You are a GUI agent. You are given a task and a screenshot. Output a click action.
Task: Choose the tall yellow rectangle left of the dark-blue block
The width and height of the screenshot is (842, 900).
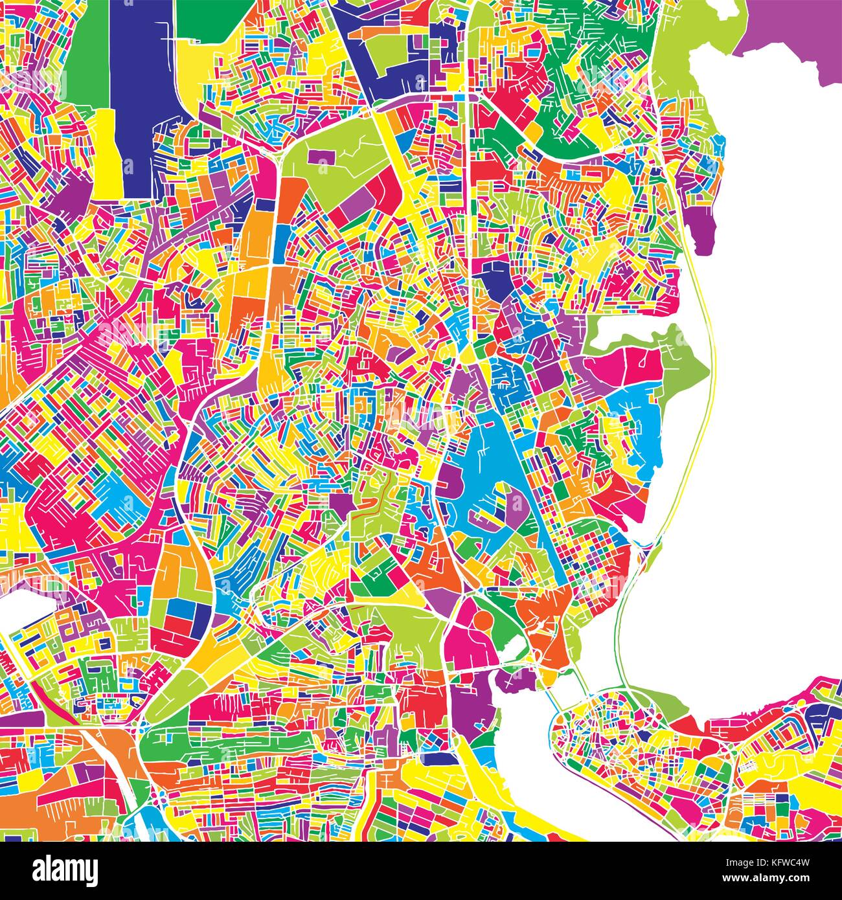click(x=105, y=152)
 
